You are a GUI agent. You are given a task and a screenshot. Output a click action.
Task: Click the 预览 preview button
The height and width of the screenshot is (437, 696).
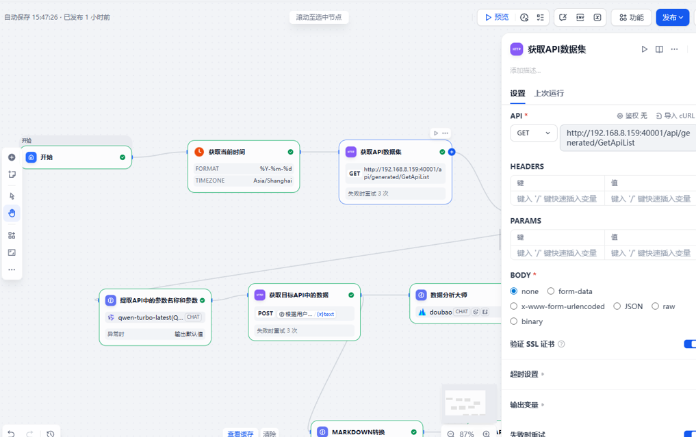(497, 18)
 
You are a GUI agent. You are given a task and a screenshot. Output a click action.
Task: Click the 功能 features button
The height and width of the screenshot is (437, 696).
(631, 18)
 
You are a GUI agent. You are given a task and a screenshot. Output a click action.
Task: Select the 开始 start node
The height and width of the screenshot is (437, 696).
(47, 157)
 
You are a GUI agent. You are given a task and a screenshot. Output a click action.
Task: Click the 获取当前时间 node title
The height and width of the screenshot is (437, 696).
(227, 152)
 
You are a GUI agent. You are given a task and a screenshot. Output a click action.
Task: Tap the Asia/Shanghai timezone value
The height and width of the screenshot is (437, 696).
(272, 181)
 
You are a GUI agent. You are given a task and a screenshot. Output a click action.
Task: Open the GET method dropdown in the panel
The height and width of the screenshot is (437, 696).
(533, 133)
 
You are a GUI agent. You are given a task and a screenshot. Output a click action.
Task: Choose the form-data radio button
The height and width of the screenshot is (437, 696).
(551, 291)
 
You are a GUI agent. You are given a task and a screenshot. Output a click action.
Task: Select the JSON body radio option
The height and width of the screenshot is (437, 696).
(617, 306)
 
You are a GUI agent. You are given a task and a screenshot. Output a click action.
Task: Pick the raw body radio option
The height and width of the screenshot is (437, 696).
(656, 306)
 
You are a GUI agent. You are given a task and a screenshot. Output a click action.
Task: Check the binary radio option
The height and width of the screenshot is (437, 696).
(514, 321)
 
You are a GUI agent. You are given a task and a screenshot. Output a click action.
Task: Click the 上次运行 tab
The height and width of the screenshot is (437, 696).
(549, 94)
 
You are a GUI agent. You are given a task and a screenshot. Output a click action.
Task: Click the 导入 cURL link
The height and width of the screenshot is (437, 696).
(675, 116)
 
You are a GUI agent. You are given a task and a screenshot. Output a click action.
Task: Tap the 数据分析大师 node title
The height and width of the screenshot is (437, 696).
(448, 295)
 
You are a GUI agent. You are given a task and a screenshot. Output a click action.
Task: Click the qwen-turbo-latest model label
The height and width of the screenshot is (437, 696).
(150, 317)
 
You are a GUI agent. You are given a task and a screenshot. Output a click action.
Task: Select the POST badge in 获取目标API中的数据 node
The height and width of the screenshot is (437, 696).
(266, 314)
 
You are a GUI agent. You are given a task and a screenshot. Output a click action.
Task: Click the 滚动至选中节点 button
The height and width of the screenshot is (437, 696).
(318, 17)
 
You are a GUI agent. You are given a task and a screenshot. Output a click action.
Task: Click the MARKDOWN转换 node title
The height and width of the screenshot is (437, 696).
(358, 432)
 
